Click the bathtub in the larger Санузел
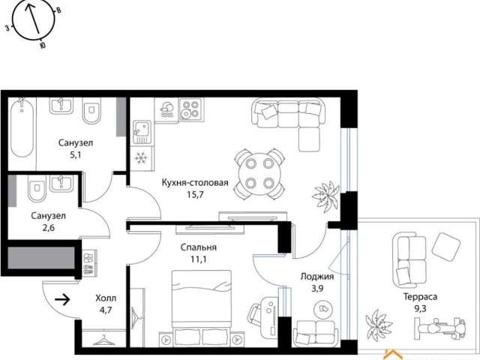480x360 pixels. point(22,127)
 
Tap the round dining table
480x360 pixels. point(259,173)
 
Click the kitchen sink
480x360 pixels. point(142,132)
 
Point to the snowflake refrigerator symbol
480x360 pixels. point(141,158)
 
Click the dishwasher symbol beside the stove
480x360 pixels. point(167,110)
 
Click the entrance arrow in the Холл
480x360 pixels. point(63,300)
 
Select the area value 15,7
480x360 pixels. point(195,195)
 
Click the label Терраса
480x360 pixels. point(420,297)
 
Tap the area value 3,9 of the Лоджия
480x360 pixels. point(317,288)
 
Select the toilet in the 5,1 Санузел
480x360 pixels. point(91,110)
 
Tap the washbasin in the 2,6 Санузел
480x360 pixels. point(61,183)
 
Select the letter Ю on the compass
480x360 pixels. point(43,46)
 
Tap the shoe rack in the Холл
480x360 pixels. point(89,263)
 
